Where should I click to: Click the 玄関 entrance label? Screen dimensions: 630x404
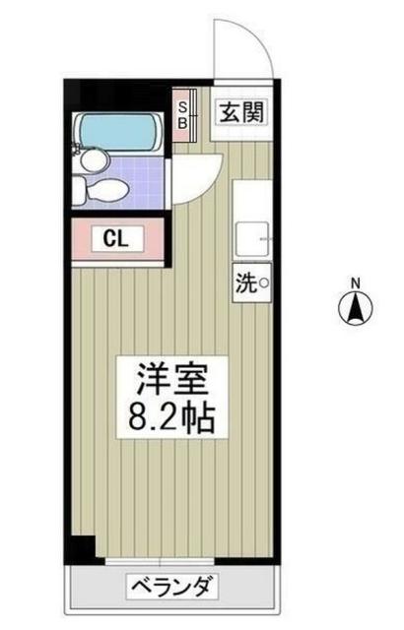click(x=241, y=112)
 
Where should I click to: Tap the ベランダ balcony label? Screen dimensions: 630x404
click(x=169, y=590)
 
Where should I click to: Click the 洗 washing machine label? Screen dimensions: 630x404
click(x=243, y=283)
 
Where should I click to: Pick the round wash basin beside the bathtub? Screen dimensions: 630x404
click(x=92, y=158)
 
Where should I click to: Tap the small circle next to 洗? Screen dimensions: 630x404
click(x=263, y=283)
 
